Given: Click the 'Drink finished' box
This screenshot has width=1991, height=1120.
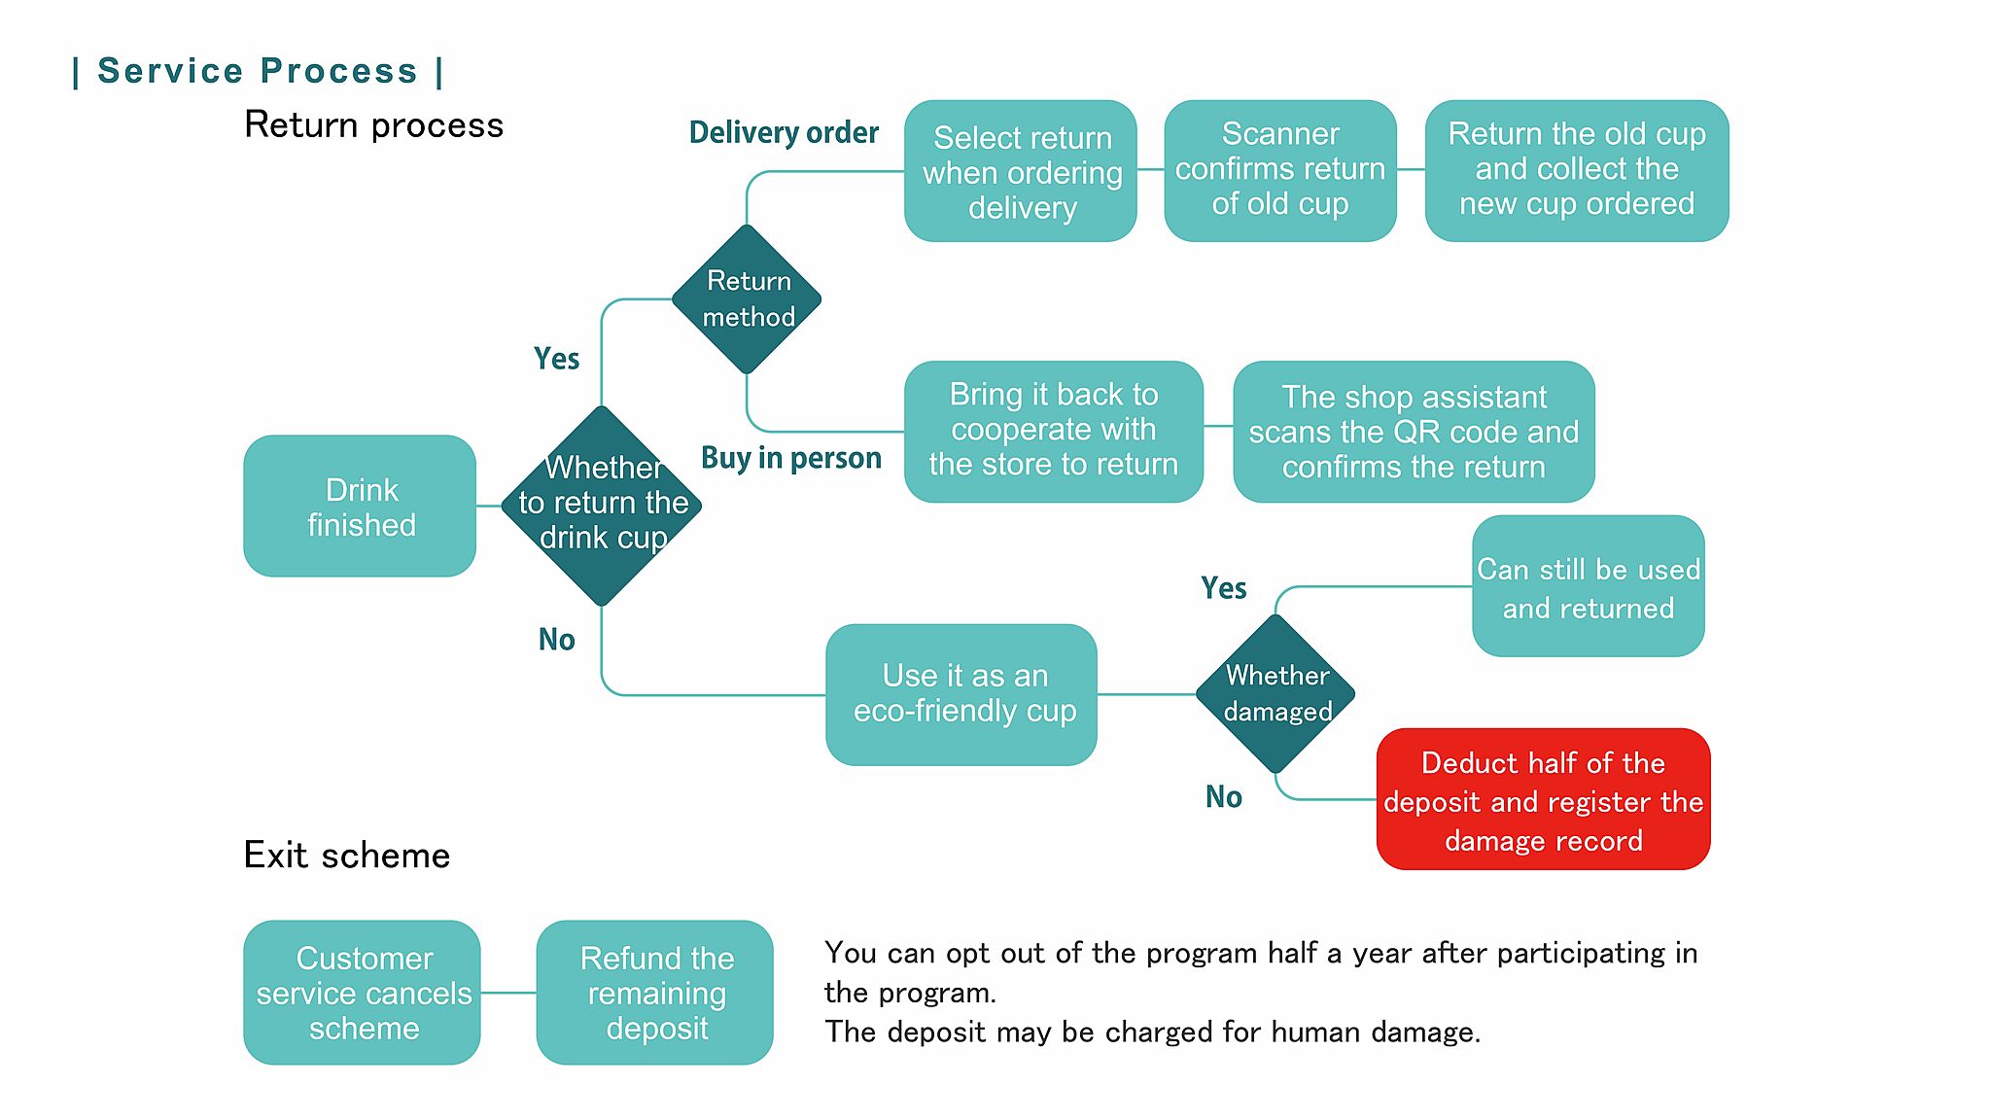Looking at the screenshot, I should click(360, 507).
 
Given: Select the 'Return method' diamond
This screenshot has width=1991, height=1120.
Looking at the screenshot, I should click(747, 299).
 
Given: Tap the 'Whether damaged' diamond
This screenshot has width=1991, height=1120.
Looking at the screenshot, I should click(1275, 693).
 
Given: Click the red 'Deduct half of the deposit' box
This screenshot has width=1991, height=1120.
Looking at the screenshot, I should click(1543, 799).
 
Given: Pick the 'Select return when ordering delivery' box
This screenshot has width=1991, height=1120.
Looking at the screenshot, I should click(1021, 171).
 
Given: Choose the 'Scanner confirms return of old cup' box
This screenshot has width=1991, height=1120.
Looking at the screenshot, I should click(1280, 170).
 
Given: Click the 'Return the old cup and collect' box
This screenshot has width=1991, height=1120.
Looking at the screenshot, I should click(1576, 170).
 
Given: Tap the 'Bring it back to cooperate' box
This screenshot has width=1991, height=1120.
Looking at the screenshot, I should click(1054, 431).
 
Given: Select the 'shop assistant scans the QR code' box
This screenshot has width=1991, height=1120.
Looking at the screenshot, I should click(1414, 432).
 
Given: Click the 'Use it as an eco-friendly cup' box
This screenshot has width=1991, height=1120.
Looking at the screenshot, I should click(961, 694).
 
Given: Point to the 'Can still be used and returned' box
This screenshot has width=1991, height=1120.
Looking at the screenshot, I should click(1588, 586).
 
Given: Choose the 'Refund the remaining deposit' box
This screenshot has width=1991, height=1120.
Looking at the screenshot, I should click(655, 993).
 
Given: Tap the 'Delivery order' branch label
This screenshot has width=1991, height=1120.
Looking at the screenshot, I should click(784, 132).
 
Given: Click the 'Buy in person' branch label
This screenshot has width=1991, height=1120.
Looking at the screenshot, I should click(791, 457).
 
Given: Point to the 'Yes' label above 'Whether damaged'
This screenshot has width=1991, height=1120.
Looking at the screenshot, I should click(1223, 588).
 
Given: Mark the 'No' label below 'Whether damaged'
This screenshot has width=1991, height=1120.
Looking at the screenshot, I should click(1223, 797).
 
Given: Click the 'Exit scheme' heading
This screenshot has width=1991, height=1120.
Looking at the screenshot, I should click(347, 856).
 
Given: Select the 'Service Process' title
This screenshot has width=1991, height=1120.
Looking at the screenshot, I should click(258, 71).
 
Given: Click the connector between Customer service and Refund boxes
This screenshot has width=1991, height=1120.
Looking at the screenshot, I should click(508, 993).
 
